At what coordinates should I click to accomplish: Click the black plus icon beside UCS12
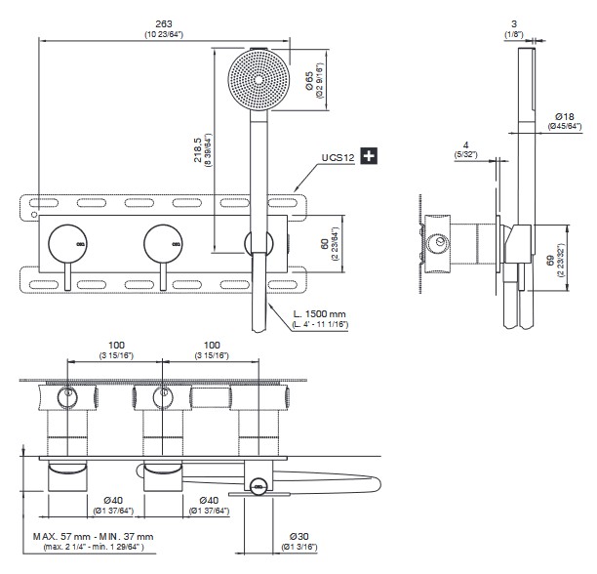[370, 156]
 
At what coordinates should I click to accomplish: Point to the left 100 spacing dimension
[114, 348]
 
